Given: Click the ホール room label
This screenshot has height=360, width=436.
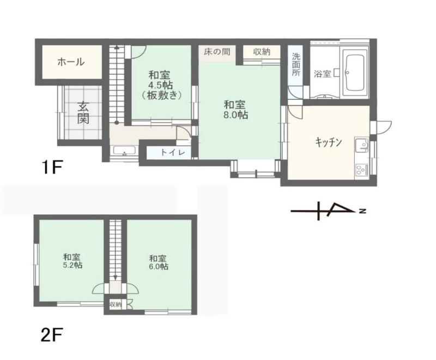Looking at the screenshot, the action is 71,62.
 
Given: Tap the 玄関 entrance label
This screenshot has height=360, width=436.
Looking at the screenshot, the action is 83,113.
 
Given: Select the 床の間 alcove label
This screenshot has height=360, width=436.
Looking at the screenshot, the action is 217,52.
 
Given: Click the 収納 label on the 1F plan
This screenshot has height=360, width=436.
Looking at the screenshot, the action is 262,52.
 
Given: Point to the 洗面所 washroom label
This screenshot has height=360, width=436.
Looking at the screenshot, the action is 296,64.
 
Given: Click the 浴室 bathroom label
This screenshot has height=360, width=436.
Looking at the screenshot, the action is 322,74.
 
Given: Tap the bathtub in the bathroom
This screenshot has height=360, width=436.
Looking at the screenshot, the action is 354,73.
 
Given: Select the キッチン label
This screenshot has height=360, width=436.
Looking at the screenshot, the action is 328,142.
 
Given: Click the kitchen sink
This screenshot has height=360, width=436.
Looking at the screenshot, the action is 362,145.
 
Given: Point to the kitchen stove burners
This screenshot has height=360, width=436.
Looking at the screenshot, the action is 361,169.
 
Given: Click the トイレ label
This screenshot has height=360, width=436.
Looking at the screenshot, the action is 173,153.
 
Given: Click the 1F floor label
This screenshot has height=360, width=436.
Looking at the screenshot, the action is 52,167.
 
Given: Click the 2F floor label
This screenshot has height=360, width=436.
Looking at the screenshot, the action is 52,335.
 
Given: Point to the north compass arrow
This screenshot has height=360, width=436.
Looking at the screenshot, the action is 328,211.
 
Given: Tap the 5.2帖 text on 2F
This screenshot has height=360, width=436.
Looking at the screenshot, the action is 72,265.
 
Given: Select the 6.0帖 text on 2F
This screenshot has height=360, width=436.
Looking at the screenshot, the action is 159,266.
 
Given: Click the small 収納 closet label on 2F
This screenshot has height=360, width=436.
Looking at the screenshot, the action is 116,304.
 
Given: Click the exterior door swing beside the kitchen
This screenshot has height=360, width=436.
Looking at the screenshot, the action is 383,128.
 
